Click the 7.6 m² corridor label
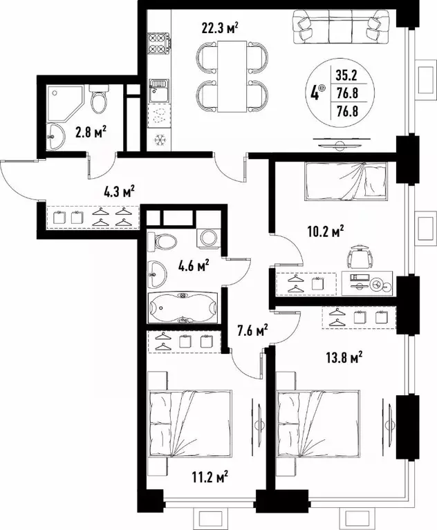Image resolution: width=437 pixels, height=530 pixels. [252, 332]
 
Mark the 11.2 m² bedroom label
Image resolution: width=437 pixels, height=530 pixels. [212, 477]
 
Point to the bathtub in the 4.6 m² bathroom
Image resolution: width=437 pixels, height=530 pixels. [183, 307]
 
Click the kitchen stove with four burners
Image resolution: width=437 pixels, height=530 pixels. [160, 41]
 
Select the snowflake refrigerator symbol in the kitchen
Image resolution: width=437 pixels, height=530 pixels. [159, 139]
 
